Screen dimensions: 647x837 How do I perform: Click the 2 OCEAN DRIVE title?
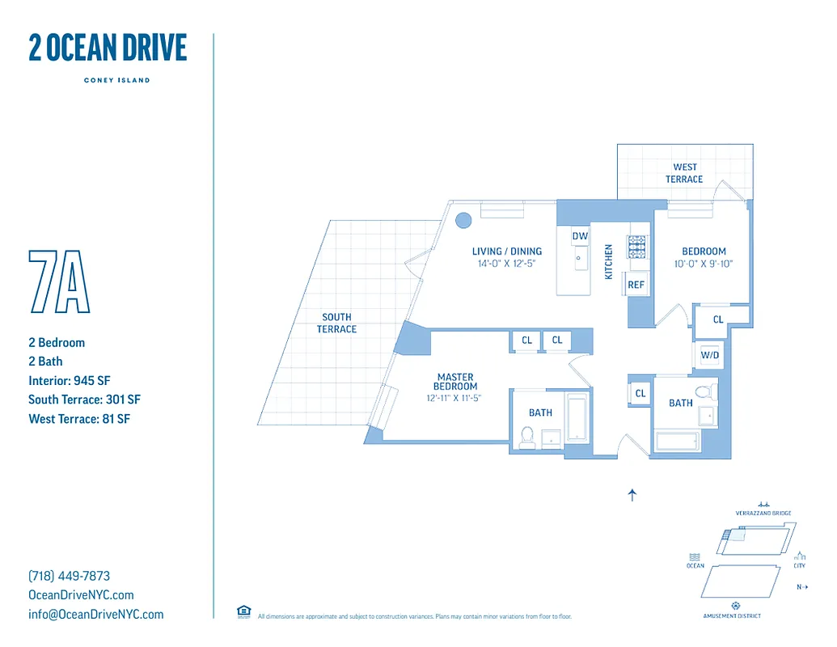point(108,49)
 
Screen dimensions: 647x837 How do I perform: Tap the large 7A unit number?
point(59,281)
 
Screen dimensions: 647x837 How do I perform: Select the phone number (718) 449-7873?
point(69,576)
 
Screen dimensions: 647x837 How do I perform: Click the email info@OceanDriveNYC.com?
point(95,614)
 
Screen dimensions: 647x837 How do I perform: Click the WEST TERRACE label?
point(684,173)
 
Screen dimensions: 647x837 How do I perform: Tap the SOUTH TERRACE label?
point(336,323)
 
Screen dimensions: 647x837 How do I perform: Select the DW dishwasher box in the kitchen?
point(580,236)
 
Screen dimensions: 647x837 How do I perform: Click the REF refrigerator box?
point(636,285)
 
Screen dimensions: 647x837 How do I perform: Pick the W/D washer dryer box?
point(710,355)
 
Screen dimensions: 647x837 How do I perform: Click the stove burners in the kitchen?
point(637,246)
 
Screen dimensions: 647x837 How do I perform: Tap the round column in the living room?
point(463,220)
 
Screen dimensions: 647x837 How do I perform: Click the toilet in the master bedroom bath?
point(526,437)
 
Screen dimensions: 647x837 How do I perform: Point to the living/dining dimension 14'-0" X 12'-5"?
point(508,264)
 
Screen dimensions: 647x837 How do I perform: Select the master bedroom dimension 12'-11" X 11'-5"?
point(455,397)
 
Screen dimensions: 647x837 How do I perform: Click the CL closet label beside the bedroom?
point(718,319)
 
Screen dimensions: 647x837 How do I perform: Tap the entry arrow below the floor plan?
point(632,495)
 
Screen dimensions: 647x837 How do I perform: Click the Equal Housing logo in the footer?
point(243,611)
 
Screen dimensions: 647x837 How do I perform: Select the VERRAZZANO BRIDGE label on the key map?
point(763,514)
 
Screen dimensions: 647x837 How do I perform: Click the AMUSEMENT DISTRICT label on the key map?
point(732,615)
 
